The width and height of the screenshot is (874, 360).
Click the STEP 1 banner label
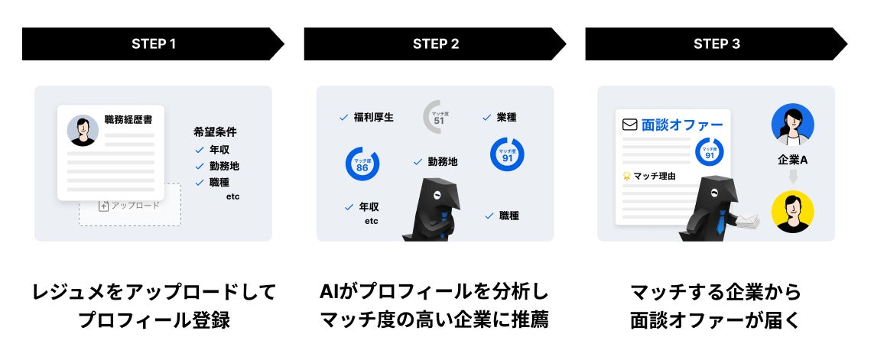click(x=153, y=44)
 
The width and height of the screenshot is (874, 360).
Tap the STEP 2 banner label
click(x=435, y=44)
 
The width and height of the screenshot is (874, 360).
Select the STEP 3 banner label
click(x=716, y=44)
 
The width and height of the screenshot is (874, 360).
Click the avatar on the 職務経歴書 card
click(x=83, y=131)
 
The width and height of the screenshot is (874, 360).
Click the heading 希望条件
click(x=216, y=131)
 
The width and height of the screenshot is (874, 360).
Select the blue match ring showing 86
click(x=362, y=164)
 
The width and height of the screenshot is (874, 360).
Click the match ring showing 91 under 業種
click(x=506, y=154)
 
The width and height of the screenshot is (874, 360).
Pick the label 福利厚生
click(x=374, y=118)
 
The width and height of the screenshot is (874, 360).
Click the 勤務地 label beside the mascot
click(x=442, y=161)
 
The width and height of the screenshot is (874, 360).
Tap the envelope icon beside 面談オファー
click(x=630, y=125)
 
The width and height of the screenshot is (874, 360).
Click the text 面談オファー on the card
click(x=682, y=125)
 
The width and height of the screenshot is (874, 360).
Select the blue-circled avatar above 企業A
click(x=792, y=125)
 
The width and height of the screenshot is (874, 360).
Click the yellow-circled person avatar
click(x=792, y=212)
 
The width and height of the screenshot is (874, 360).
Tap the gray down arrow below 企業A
click(x=793, y=177)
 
